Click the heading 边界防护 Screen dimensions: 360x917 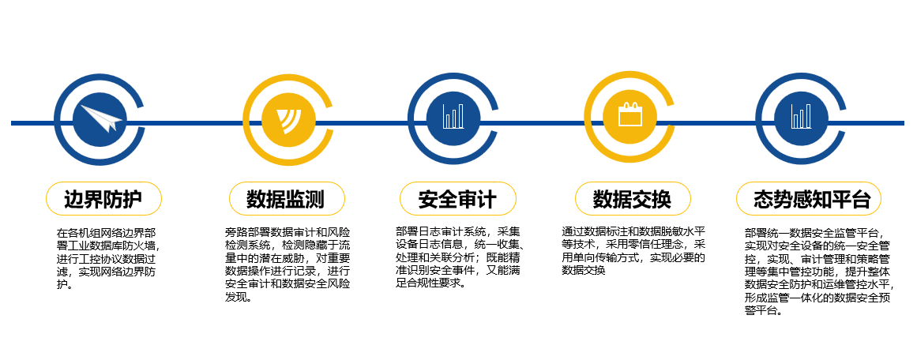tap(103, 199)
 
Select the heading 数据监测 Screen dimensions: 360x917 tap(285, 199)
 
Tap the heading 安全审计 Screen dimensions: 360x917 tap(457, 199)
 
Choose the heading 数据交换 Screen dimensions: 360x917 tap(631, 199)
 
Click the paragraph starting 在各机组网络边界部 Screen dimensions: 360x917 tap(106, 258)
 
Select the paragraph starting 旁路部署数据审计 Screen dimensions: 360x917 tap(288, 264)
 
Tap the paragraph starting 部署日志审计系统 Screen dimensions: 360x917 tap(459, 257)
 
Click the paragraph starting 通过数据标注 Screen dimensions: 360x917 tap(633, 251)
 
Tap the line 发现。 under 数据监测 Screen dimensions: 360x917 tap(239, 297)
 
